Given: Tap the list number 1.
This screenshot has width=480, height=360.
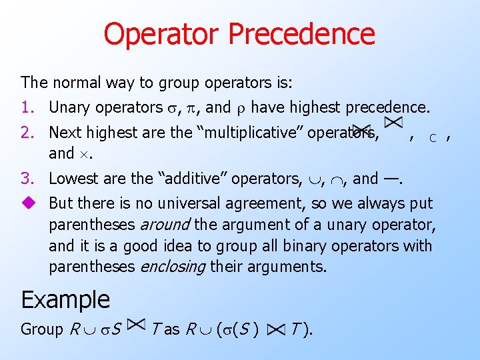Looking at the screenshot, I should point(27,107).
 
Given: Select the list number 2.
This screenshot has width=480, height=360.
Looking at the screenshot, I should point(27,133).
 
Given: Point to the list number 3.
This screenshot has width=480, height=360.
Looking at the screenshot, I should point(27,179).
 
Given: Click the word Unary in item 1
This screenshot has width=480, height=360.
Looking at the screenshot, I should point(70,107).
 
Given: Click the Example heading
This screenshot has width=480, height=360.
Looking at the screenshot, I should point(65,299).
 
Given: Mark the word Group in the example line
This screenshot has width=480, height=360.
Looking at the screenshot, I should point(42,329).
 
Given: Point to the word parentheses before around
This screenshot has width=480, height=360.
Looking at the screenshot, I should point(88,225).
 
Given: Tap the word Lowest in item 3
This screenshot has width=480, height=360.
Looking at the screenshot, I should point(73,179).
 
